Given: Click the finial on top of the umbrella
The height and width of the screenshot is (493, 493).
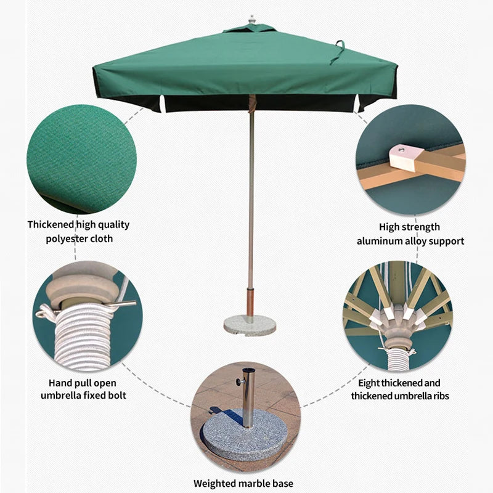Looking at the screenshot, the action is coord(251,19).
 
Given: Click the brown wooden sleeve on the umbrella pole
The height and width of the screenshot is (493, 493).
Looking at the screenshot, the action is coord(250,301).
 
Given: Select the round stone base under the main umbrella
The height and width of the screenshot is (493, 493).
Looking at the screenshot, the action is coord(250,325).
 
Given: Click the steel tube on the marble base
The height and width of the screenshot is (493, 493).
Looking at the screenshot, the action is coord(248,397).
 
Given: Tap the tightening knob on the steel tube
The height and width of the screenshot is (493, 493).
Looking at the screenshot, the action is coord(240,381).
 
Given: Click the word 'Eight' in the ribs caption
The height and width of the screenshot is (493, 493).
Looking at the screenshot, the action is coord(369,383).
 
